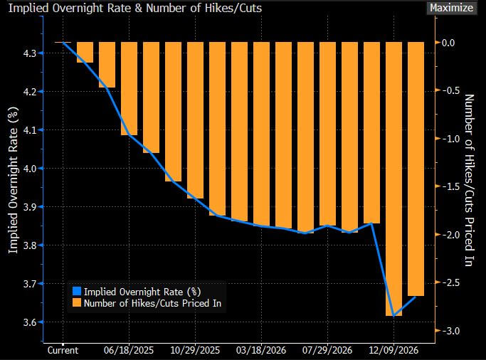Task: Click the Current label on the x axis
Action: (63, 351)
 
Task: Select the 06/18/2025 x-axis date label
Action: (130, 351)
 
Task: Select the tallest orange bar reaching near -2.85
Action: (393, 178)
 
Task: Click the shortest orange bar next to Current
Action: (85, 52)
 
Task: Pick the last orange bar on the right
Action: (416, 169)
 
